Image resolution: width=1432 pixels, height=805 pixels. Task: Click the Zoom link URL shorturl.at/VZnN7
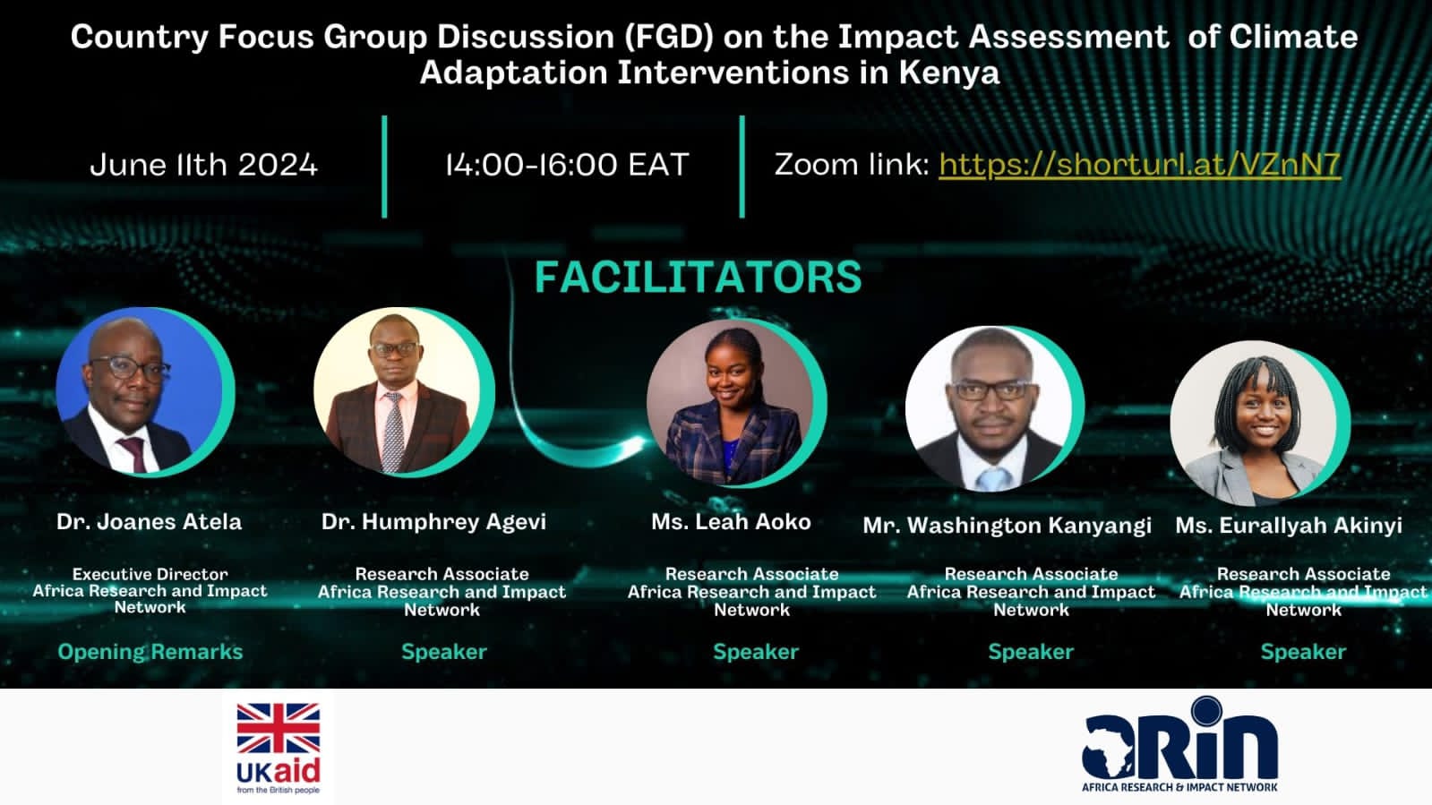[x=1139, y=165]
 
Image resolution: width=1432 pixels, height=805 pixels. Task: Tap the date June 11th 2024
[x=203, y=165]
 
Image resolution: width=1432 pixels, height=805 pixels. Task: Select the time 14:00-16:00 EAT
[x=567, y=165]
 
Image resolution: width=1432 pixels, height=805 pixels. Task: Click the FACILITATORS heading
[x=699, y=277]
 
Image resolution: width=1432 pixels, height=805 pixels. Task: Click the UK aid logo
[x=279, y=748]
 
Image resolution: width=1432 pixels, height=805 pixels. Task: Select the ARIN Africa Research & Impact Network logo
[x=1179, y=745]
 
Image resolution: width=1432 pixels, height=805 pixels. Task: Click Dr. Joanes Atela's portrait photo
[x=140, y=391]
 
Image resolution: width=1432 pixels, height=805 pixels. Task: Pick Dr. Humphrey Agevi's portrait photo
[x=397, y=391]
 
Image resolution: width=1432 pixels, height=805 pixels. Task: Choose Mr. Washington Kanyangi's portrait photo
[x=989, y=409]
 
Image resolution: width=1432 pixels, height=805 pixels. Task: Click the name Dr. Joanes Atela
[x=149, y=522]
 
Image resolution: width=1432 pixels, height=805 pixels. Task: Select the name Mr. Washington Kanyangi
[x=1007, y=526]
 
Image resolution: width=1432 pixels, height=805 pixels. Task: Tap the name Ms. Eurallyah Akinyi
[x=1289, y=526]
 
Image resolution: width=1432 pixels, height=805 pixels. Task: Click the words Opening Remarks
[x=150, y=652]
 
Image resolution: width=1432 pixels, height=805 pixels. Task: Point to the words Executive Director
[x=150, y=574]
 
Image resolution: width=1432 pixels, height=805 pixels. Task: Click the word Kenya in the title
[x=949, y=73]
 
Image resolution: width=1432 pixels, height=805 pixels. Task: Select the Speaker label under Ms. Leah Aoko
[x=756, y=652]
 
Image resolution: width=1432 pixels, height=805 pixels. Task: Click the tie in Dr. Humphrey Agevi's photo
[x=393, y=431]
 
